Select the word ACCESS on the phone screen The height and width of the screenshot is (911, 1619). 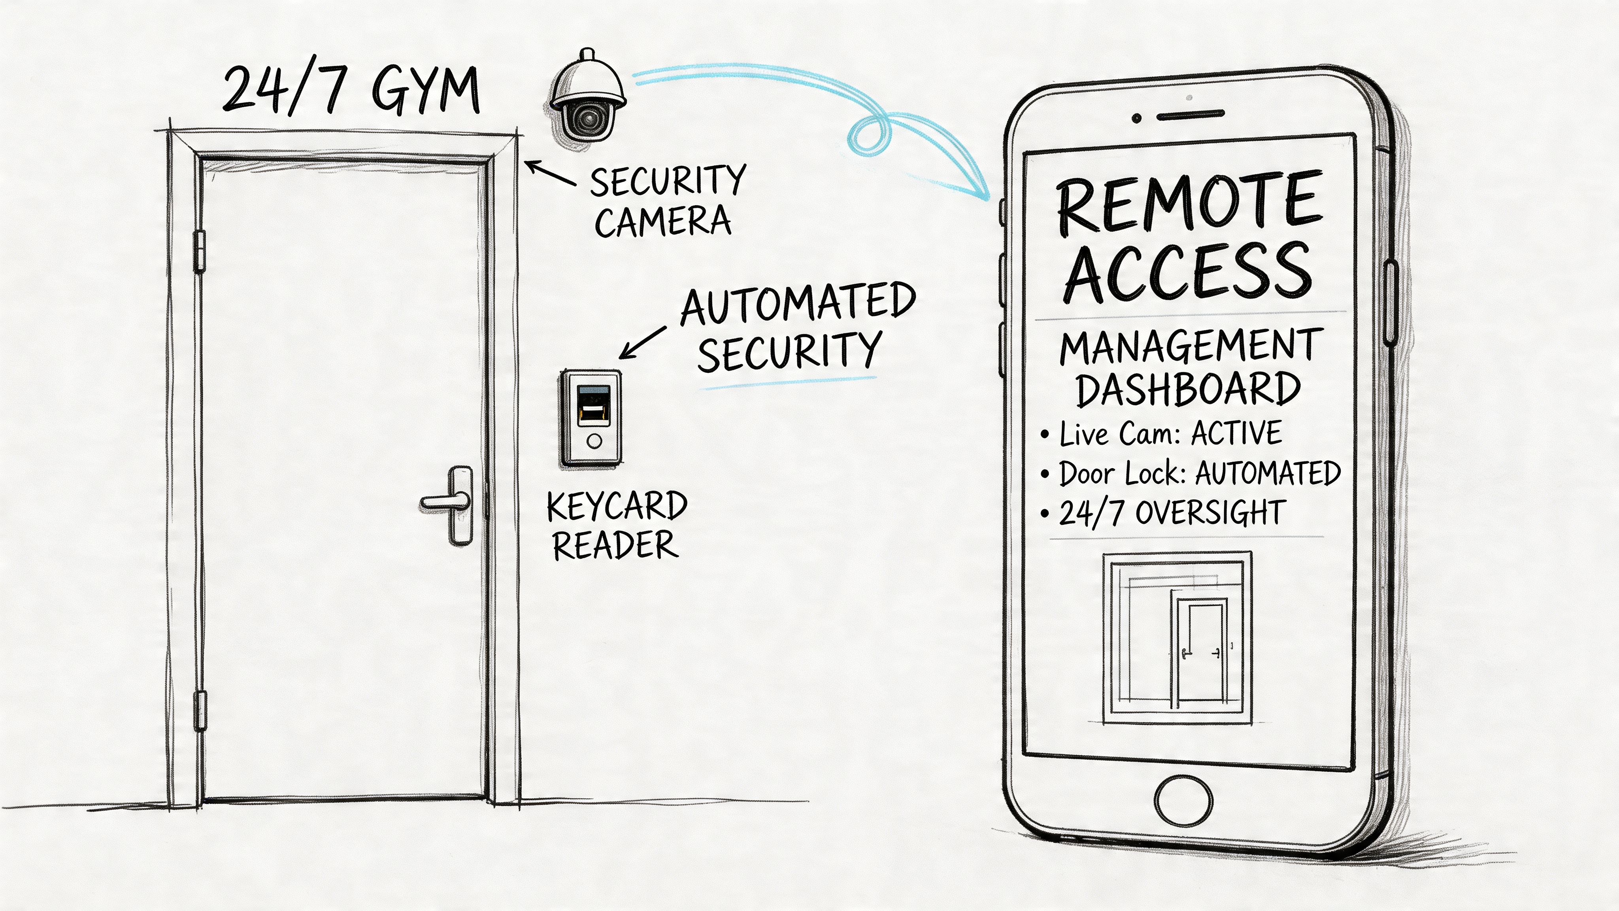1188,272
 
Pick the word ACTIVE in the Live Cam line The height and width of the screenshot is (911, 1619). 1237,433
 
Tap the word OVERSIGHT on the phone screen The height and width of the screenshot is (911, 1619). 1210,512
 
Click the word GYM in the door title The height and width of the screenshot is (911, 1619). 425,91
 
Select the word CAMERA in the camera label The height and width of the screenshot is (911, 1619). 663,222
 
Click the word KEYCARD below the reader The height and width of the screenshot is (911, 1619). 617,507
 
